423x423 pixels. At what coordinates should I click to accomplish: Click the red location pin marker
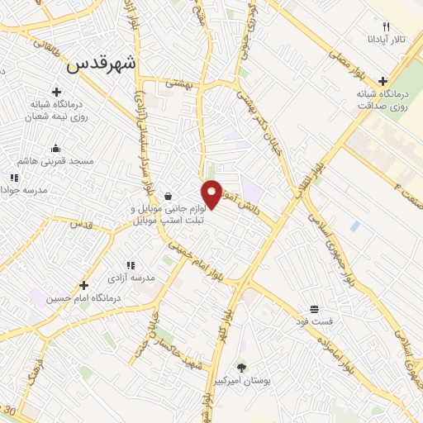tap(212, 194)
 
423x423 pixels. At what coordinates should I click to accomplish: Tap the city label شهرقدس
tap(105, 64)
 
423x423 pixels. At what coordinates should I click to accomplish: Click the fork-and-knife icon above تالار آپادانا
tap(385, 26)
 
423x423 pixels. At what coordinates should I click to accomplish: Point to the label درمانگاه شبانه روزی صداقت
tap(383, 99)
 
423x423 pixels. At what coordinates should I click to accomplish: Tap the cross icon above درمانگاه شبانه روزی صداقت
tap(383, 81)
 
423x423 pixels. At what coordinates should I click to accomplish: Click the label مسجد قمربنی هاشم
tap(55, 162)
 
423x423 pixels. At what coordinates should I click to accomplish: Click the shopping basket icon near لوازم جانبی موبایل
tap(169, 197)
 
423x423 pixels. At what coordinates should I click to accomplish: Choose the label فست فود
tap(316, 320)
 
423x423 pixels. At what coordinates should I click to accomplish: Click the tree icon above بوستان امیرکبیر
tap(241, 366)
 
